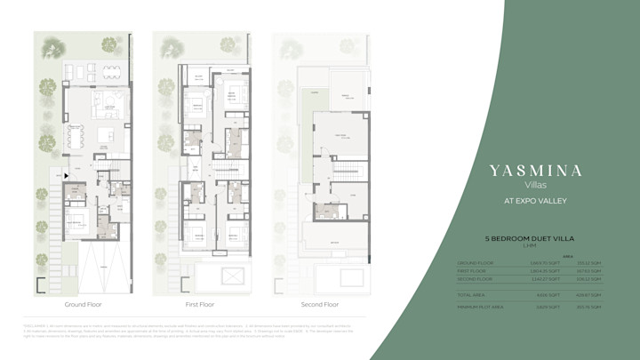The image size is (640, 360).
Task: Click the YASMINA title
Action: coord(536,171)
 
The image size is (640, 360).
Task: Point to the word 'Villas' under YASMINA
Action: coord(536,185)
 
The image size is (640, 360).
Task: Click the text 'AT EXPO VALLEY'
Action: coord(536,201)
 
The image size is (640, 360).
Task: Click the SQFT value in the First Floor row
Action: coord(550,269)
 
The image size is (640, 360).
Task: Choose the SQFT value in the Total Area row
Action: coord(550,292)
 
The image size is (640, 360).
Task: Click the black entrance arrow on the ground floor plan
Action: coord(66,176)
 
